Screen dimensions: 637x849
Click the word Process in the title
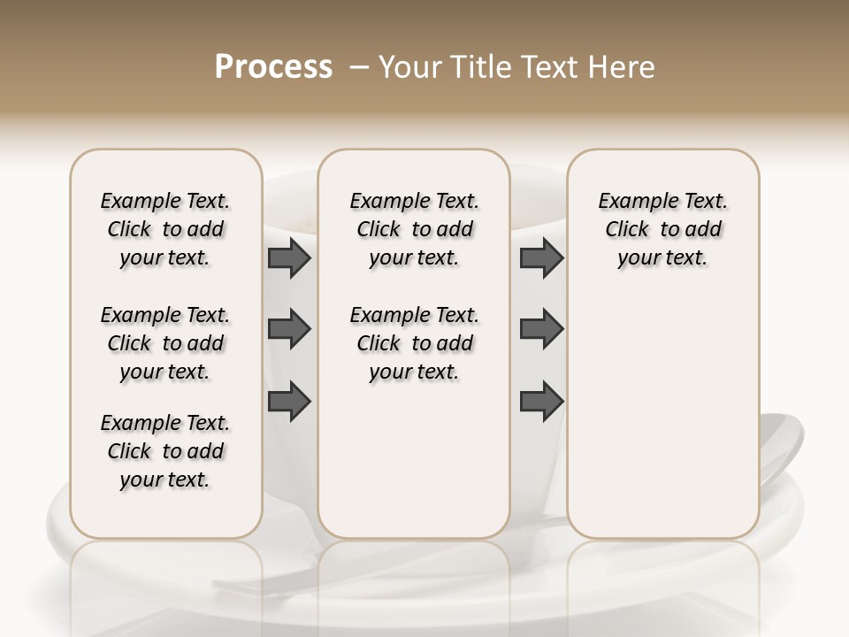tap(273, 67)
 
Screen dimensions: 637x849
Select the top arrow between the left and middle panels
tap(289, 258)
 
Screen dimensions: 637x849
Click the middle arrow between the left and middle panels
tap(289, 329)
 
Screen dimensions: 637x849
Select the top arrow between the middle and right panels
tap(541, 258)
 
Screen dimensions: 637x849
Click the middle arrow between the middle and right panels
tap(541, 329)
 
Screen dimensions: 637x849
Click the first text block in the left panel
tap(165, 229)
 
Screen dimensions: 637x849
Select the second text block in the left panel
tap(165, 343)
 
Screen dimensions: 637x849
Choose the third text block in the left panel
tap(165, 451)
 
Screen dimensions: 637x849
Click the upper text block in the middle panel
tap(414, 229)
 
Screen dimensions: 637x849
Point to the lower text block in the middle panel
tap(414, 343)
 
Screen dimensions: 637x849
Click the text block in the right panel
tap(662, 229)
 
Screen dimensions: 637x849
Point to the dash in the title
tap(360, 67)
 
